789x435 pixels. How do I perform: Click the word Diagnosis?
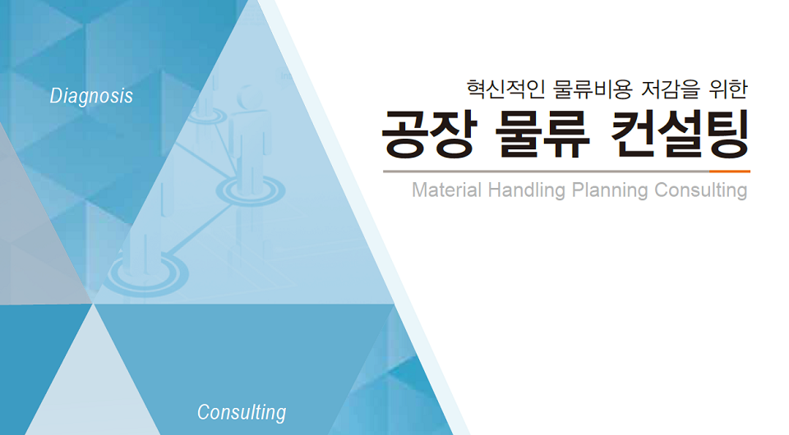[91, 96]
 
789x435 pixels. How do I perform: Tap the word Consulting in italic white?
[242, 412]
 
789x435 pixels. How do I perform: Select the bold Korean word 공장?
[427, 134]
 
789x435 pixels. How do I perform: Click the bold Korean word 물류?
[542, 134]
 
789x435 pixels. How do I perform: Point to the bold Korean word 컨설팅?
[681, 134]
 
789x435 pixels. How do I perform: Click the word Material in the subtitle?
[447, 190]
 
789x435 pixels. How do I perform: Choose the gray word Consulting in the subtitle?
[701, 191]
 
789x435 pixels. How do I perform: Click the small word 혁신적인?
[505, 89]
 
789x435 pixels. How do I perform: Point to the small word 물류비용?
[593, 89]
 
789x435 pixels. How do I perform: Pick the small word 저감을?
[671, 89]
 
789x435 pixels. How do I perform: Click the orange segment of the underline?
[730, 172]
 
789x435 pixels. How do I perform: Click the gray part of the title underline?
[546, 172]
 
